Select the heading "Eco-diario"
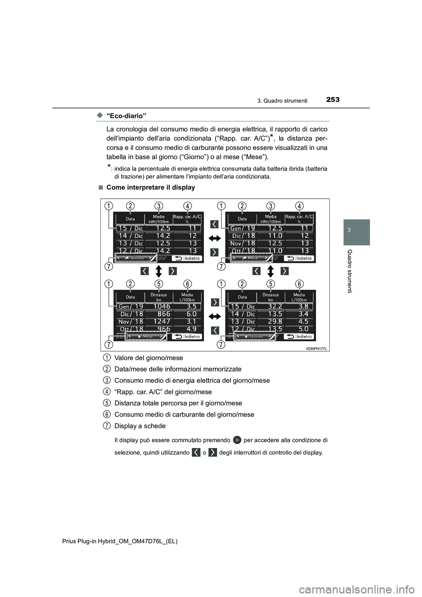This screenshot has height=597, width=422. (x=127, y=116)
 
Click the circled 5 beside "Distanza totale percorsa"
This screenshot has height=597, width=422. (x=107, y=403)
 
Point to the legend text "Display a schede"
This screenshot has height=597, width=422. (x=140, y=426)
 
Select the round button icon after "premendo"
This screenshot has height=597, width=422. (x=237, y=440)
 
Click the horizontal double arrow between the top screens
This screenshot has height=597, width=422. (x=215, y=238)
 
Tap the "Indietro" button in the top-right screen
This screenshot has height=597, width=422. (x=298, y=258)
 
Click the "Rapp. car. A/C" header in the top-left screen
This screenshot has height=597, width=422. (x=187, y=218)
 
